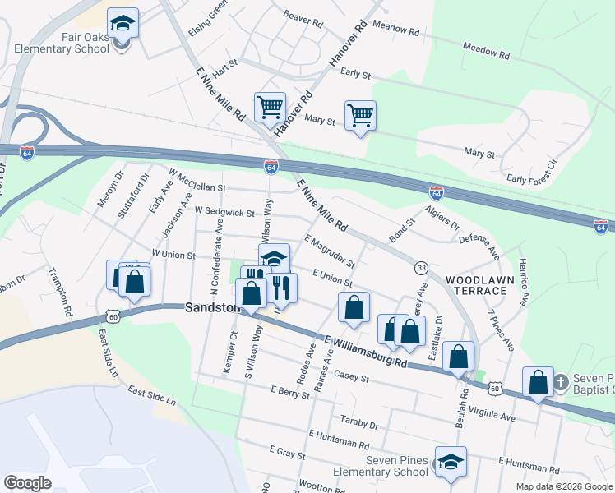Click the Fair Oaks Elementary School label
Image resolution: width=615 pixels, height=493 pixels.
pyautogui.click(x=62, y=43)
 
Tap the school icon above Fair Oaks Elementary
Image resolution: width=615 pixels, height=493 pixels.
pyautogui.click(x=123, y=23)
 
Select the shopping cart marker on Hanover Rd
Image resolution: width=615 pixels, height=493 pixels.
pyautogui.click(x=270, y=107)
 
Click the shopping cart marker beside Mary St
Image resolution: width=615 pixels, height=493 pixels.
pyautogui.click(x=360, y=116)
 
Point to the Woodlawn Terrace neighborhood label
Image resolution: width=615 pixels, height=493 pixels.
pyautogui.click(x=475, y=285)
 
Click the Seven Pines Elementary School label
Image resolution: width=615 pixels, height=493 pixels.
pyautogui.click(x=381, y=466)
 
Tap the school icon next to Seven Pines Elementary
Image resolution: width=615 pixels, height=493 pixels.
pyautogui.click(x=451, y=463)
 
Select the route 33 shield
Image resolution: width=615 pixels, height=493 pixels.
pyautogui.click(x=421, y=268)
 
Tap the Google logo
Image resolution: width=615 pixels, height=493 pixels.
pyautogui.click(x=27, y=482)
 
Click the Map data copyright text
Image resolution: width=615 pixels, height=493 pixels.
pyautogui.click(x=563, y=486)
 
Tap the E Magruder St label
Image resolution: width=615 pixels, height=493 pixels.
pyautogui.click(x=329, y=251)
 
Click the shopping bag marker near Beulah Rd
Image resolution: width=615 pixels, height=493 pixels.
pyautogui.click(x=459, y=357)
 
